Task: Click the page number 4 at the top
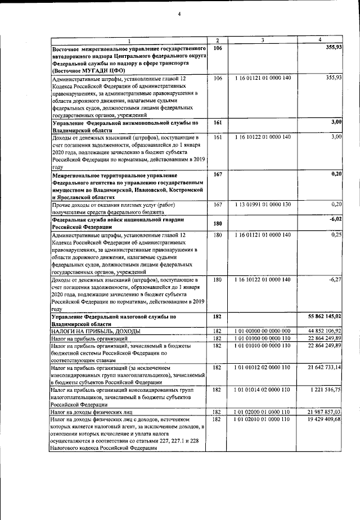[x=179, y=13]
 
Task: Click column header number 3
[x=262, y=40]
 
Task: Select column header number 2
[x=218, y=40]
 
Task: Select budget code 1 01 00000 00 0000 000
[x=263, y=331]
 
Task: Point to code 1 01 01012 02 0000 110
[x=263, y=367]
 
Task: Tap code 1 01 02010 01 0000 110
[x=263, y=419]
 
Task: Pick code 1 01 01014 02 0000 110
[x=263, y=389]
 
